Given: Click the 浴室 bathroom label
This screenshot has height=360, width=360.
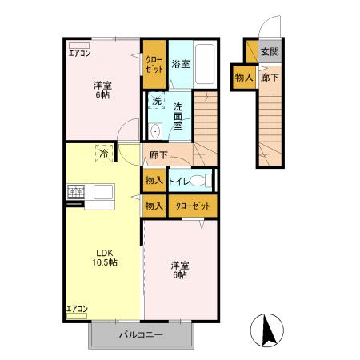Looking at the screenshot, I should (180, 64).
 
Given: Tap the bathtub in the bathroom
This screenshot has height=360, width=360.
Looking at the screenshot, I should (205, 65).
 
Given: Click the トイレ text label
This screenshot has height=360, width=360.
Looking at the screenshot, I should (179, 182).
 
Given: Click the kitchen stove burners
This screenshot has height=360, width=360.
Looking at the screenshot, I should (77, 191).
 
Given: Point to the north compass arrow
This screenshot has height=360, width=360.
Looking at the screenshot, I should (270, 329).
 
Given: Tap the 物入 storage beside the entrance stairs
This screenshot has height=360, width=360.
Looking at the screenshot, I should (244, 78).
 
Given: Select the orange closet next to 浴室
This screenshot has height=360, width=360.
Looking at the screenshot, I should (154, 64).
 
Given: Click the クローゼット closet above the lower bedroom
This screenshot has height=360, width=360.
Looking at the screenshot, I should (193, 206).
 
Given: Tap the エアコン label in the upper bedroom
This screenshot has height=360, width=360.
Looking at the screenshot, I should (79, 54).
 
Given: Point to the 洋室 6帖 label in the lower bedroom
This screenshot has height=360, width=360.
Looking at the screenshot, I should (179, 270).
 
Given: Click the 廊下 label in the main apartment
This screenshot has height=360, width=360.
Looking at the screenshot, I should (157, 155).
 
